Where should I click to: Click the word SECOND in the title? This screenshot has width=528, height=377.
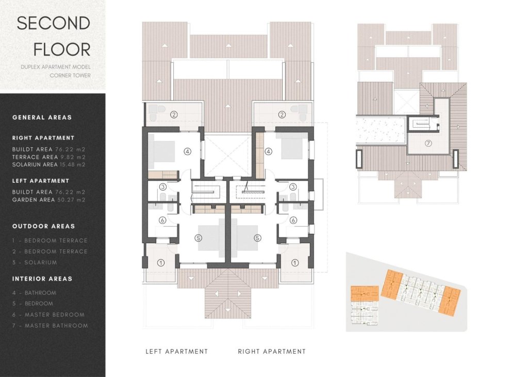54,23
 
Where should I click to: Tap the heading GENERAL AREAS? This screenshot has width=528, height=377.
42,117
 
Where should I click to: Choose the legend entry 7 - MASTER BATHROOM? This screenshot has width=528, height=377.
50,325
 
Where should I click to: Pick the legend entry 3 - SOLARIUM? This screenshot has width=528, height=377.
35,262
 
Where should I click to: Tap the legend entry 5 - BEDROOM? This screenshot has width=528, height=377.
32,303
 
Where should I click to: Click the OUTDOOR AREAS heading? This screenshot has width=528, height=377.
43,226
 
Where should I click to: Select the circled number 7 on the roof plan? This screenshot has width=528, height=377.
428,144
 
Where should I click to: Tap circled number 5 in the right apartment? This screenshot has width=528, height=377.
257,238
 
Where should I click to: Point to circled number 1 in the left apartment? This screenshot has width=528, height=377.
160,262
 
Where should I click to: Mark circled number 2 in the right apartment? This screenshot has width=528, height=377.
282,114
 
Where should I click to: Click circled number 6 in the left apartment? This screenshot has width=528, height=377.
162,220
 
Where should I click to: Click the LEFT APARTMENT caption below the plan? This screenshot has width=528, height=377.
176,351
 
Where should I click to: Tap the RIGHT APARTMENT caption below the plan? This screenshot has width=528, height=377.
272,351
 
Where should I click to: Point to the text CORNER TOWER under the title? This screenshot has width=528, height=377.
70,75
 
